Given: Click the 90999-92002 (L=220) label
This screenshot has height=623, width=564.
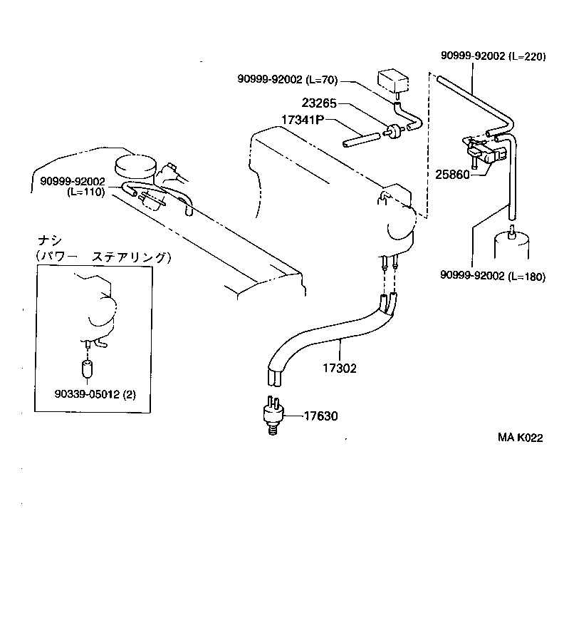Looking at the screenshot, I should pyautogui.click(x=493, y=56).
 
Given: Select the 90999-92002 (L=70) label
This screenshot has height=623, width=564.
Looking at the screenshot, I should pyautogui.click(x=288, y=79).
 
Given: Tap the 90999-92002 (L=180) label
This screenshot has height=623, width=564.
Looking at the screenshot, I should pyautogui.click(x=492, y=277).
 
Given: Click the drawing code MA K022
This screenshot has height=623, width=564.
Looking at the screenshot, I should pyautogui.click(x=520, y=438).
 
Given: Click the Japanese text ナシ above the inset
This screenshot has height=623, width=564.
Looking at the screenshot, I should pyautogui.click(x=48, y=240).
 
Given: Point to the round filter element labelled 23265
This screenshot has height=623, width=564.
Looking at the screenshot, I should pyautogui.click(x=391, y=131).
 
